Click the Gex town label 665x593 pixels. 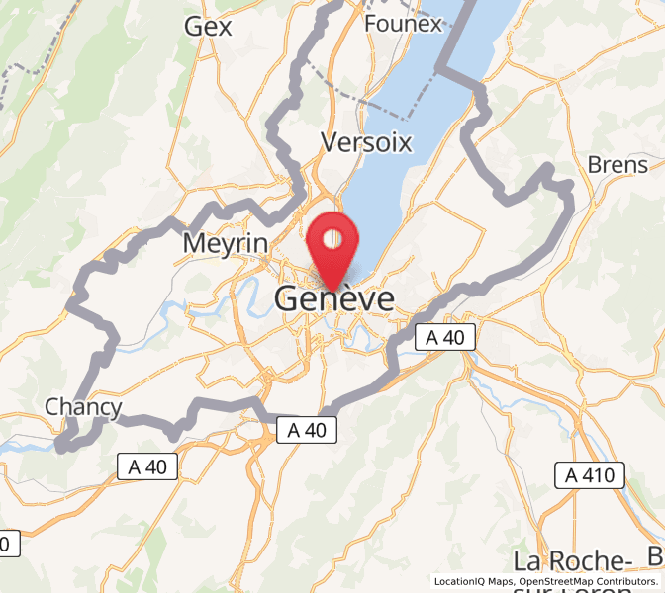(208, 27)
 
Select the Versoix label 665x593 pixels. (366, 143)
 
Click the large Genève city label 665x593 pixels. (334, 299)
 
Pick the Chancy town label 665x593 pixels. (83, 407)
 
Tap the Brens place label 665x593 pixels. (617, 164)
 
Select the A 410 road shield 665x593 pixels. (589, 475)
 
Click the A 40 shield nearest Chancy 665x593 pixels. (148, 466)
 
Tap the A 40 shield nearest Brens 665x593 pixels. (444, 337)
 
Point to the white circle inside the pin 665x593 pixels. (332, 238)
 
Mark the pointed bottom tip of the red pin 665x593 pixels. (332, 290)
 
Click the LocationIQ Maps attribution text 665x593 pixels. (473, 582)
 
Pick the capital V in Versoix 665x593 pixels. (330, 143)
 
